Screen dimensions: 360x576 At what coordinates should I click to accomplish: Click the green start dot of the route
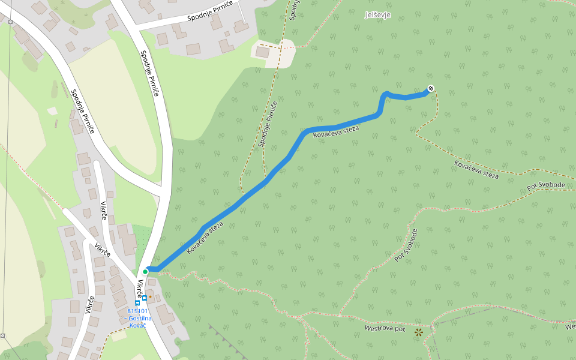point(145,271)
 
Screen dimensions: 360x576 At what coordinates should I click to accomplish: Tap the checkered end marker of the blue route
point(431,89)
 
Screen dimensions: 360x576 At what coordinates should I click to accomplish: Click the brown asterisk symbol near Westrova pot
point(418,331)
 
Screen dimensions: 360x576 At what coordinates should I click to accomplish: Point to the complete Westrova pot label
point(385,329)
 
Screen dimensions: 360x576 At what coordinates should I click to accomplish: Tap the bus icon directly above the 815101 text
point(137,304)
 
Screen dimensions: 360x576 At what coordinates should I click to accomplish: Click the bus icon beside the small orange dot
point(144,297)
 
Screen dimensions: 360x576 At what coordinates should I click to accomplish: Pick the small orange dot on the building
point(151,296)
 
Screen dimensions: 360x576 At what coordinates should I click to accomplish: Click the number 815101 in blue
point(137,311)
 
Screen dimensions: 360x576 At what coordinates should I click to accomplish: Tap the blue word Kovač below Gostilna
point(137,325)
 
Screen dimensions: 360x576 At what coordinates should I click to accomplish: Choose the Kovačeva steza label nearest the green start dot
point(205,238)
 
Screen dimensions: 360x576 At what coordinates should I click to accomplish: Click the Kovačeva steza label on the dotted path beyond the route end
point(476,169)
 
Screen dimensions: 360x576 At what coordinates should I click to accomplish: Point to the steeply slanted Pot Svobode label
point(406,245)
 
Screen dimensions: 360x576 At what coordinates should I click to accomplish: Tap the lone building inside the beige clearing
point(263,52)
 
